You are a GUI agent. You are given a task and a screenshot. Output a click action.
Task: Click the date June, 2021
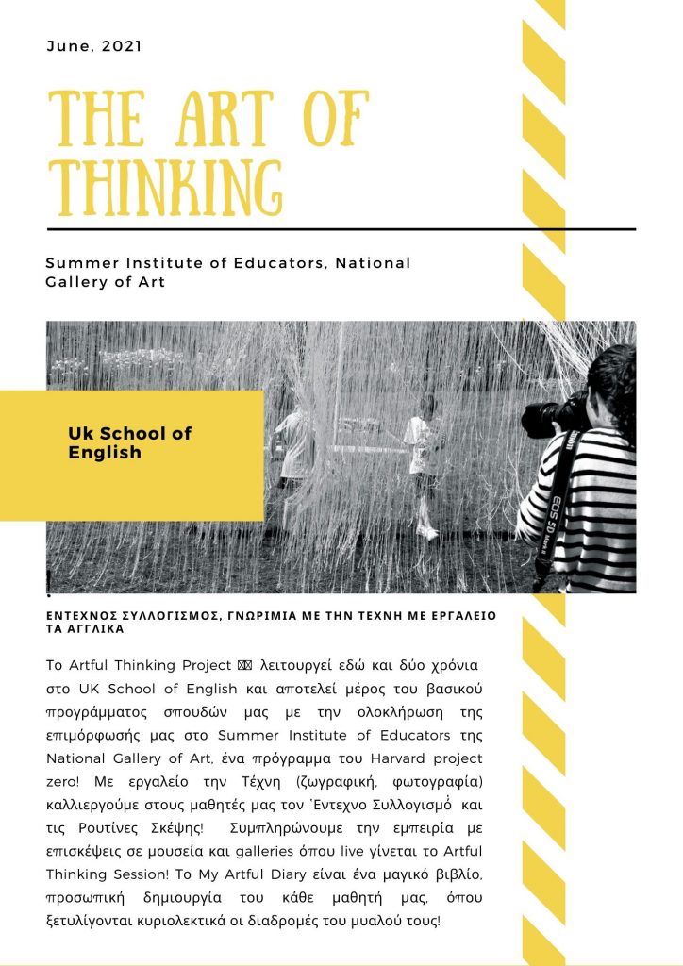coord(93,45)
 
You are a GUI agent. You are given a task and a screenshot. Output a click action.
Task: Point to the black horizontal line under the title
coord(341,229)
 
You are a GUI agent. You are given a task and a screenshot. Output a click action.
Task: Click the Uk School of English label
coord(129,442)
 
